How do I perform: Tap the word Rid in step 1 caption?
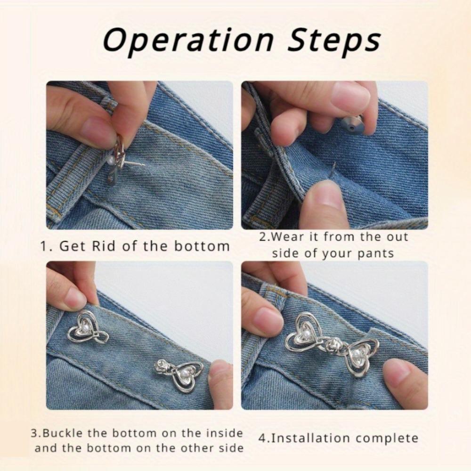pos(124,246)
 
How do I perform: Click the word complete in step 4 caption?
pos(387,438)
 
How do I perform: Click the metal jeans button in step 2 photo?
pos(353,123)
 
